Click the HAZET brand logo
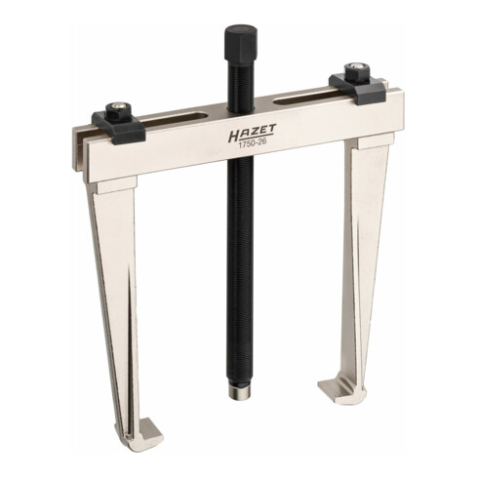pos(252,134)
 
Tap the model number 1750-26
pos(253,145)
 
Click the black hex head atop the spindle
pos(241,42)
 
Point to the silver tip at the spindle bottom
pos(240,391)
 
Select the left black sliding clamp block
pos(118,126)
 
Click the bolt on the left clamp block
pos(117,110)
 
